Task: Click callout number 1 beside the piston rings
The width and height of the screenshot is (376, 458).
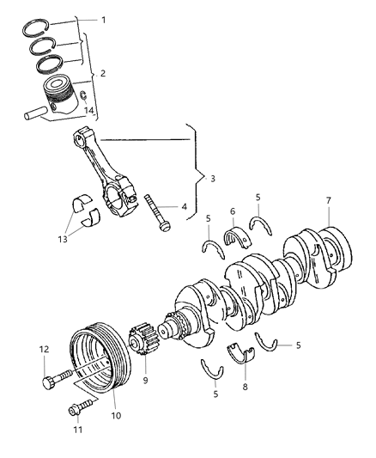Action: coord(105,19)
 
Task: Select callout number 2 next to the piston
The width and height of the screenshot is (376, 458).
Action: coord(104,74)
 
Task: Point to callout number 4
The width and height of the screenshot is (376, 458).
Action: coord(184,206)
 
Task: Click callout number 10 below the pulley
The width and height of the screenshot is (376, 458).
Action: coord(116,415)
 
